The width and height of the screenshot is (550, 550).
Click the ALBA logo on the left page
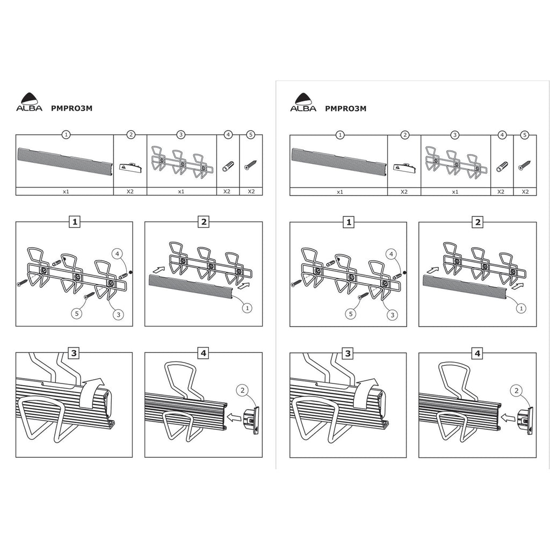click(x=29, y=102)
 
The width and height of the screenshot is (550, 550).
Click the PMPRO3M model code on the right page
click(x=345, y=108)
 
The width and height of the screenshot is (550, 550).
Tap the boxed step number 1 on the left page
click(x=74, y=222)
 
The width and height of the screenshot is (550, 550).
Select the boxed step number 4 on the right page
click(x=477, y=353)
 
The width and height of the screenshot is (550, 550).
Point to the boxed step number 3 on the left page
click(x=74, y=353)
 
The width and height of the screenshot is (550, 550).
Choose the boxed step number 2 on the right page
click(x=477, y=222)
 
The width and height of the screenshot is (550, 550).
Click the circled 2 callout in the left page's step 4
click(x=242, y=390)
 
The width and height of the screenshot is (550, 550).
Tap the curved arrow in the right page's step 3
click(x=365, y=392)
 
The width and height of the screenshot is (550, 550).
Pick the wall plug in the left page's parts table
click(x=228, y=166)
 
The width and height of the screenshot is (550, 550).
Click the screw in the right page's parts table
click(x=525, y=165)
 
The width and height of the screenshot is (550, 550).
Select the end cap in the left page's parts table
click(x=131, y=167)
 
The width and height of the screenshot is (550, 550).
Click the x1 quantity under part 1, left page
click(x=66, y=192)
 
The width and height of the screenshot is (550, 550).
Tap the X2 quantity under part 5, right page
click(x=525, y=192)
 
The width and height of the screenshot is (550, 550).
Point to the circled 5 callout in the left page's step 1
click(x=76, y=313)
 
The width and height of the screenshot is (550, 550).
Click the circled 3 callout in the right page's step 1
click(x=393, y=315)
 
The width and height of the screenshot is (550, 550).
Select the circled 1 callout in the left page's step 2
click(x=247, y=308)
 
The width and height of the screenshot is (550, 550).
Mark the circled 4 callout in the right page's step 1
click(x=392, y=254)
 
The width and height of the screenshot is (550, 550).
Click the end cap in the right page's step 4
click(x=525, y=420)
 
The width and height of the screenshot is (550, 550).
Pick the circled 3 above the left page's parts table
click(x=180, y=134)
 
